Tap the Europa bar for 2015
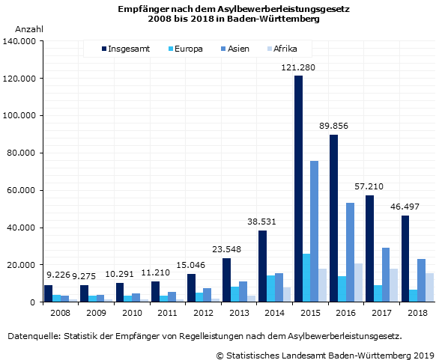(306, 278)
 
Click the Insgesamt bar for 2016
(333, 218)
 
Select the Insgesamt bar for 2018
(405, 258)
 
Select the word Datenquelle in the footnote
(32, 336)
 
